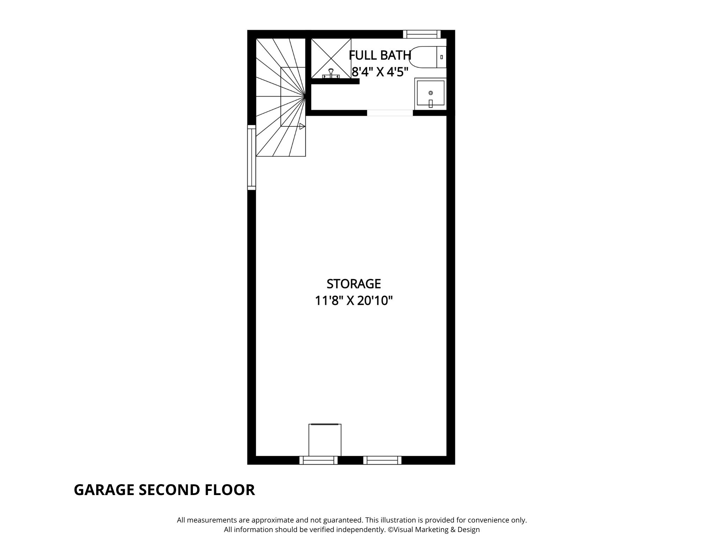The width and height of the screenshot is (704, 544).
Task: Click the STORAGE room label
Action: point(354,284)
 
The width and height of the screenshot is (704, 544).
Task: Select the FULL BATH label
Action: point(380,55)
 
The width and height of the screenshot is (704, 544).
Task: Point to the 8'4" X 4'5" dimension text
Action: point(380,72)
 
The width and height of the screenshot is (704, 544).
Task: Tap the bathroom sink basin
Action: point(430,93)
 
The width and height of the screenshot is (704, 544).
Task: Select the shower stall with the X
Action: point(331,58)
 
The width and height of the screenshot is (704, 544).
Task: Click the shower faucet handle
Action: point(331,73)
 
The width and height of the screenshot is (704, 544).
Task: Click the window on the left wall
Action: point(251,157)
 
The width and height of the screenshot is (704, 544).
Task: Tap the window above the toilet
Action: point(422,34)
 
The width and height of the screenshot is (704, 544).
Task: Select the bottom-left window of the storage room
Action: point(318,460)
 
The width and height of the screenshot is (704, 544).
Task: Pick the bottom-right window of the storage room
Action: point(382,460)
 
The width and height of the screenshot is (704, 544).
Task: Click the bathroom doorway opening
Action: point(390,113)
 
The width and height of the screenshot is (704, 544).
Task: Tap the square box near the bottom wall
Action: point(325,440)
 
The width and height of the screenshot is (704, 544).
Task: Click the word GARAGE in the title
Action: point(104,490)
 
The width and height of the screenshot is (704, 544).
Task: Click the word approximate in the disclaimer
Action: point(271,520)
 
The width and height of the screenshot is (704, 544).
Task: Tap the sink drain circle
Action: point(430,93)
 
